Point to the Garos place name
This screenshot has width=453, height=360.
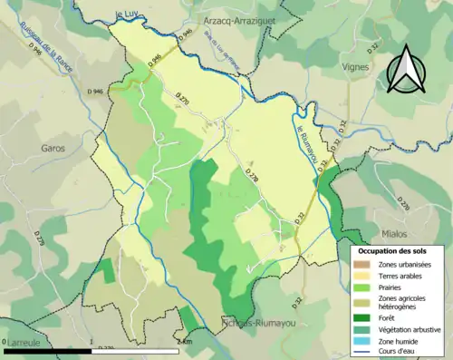[x=53, y=147]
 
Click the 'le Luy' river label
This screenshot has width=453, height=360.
[x=130, y=15]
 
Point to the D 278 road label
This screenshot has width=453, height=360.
[x=251, y=177]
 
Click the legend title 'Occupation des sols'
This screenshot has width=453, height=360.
[x=397, y=249]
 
